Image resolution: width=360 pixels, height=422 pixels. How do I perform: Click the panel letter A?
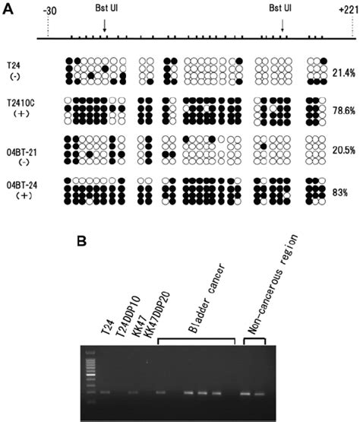click(6, 6)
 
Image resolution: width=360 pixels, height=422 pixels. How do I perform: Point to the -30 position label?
click(50, 11)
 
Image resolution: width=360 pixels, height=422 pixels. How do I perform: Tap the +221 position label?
click(347, 11)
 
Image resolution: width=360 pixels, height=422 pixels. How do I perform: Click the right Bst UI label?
click(283, 11)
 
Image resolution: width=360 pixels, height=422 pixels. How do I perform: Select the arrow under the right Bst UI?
click(283, 26)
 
